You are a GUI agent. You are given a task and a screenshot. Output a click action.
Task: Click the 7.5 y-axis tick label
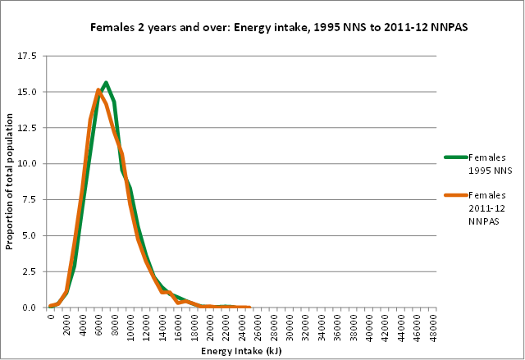click(28, 199)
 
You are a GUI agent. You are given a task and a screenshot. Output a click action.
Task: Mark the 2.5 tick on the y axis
click(28, 271)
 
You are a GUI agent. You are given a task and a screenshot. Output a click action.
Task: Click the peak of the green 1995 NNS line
click(106, 83)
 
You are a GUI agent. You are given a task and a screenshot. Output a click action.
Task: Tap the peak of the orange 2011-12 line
click(98, 90)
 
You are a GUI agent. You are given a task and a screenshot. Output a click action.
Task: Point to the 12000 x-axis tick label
click(147, 326)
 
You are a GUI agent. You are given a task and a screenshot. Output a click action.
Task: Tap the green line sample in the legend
click(455, 157)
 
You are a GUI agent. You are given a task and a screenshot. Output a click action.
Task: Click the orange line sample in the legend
click(455, 196)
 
